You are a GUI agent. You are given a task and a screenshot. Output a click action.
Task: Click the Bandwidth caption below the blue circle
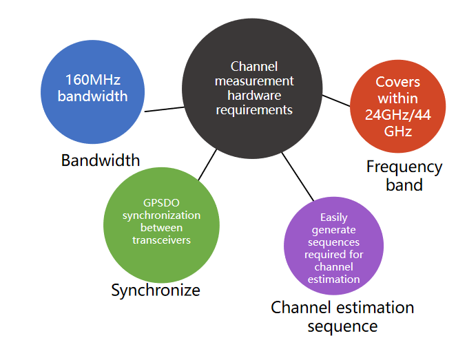(x=101, y=160)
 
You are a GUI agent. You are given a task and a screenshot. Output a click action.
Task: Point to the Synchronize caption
(x=156, y=290)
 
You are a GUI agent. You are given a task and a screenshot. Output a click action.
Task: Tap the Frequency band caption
(x=404, y=176)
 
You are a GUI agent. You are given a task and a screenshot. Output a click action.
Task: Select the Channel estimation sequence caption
(x=342, y=316)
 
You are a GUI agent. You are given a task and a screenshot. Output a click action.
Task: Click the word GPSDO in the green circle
(x=161, y=203)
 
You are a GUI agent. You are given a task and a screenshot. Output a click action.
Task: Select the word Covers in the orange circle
(x=398, y=82)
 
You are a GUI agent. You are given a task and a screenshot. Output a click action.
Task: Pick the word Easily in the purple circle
(x=333, y=218)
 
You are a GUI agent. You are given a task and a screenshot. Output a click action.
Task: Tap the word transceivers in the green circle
(x=161, y=240)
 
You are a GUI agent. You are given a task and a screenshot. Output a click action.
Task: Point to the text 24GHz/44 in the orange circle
(x=398, y=114)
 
